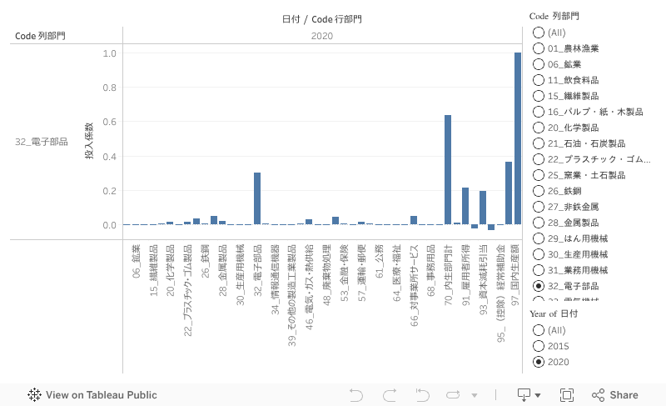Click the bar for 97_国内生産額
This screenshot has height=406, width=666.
(517, 138)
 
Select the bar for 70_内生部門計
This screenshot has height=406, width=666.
(448, 170)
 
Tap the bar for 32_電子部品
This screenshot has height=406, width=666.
(257, 198)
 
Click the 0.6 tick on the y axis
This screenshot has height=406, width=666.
(109, 123)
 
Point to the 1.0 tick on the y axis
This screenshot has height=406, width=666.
(109, 53)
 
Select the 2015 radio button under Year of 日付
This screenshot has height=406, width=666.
(539, 346)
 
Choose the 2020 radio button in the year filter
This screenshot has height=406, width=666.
(539, 362)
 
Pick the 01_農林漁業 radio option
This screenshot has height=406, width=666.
(539, 48)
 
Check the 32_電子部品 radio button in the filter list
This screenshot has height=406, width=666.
(539, 286)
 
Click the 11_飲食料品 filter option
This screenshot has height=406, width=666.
(539, 80)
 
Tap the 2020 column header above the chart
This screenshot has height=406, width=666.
(322, 36)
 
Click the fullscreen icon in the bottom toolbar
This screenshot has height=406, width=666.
(567, 395)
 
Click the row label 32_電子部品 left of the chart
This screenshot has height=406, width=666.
(42, 142)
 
